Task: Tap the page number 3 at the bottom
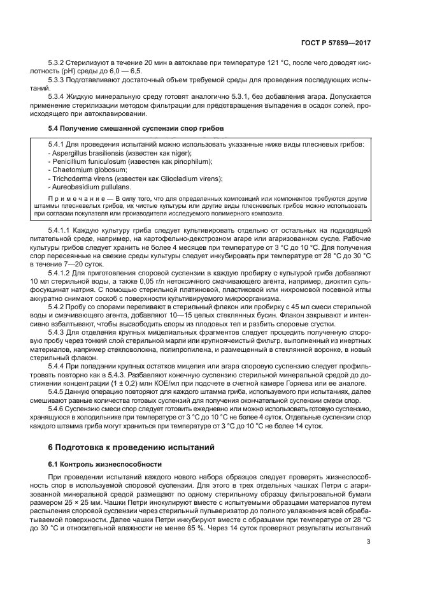point(369,542)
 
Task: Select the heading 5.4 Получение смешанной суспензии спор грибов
point(136,128)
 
